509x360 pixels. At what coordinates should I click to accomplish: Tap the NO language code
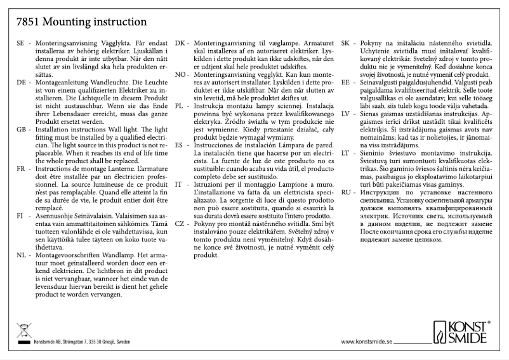180,75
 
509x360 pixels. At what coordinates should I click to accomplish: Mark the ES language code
180,145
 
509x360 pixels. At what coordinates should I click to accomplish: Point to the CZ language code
180,224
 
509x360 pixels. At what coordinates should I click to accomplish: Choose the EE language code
346,83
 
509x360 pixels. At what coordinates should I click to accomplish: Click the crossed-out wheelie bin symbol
23,330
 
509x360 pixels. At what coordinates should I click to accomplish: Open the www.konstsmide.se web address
367,341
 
